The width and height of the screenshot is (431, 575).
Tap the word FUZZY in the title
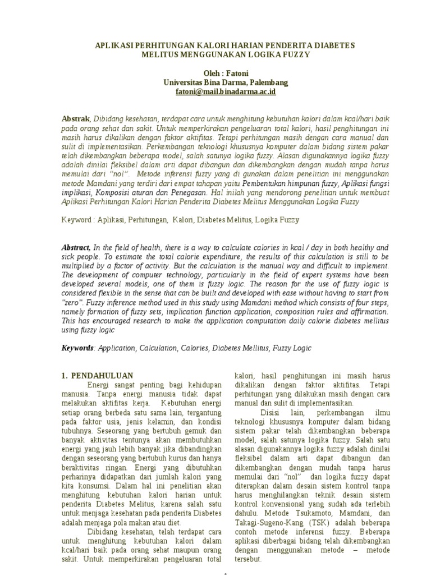point(294,55)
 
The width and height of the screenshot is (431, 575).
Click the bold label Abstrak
point(75,119)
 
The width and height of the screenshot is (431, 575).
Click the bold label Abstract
point(76,248)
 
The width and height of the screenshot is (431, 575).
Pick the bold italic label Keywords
point(77,348)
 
